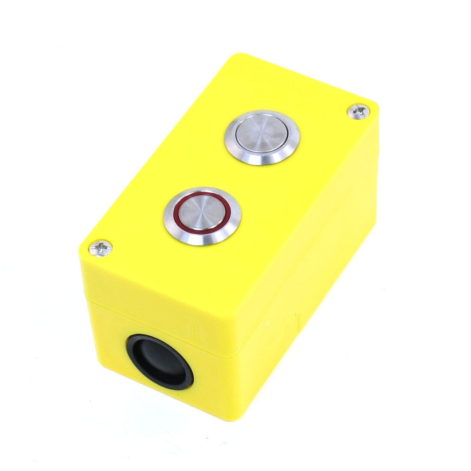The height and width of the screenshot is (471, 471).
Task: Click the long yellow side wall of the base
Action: coord(308,325)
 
